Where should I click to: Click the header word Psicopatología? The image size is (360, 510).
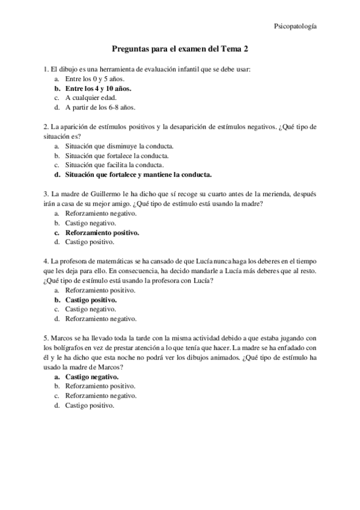pos(296,26)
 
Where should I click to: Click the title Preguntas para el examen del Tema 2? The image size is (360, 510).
pos(180,52)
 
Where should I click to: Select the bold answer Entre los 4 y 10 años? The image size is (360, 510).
pos(98,88)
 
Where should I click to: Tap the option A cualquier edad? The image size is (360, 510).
pos(91,98)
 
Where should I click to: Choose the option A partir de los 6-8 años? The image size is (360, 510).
pos(100,108)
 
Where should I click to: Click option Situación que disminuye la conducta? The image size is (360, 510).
pos(120,146)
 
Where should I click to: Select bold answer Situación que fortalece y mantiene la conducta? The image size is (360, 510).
pos(138,175)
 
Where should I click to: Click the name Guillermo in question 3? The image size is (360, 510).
pos(114,194)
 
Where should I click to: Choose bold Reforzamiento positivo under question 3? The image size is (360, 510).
pos(102,233)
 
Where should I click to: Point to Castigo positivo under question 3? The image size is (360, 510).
pos(90,242)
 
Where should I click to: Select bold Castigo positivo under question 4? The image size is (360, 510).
pos(91,300)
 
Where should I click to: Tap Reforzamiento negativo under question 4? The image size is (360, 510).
pos(101,319)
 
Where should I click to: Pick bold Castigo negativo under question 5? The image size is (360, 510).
pos(92,376)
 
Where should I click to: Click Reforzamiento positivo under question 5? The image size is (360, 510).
pos(100,386)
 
